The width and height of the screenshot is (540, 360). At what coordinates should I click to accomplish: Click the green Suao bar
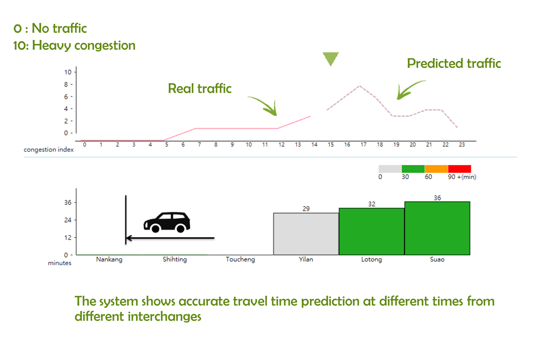pyautogui.click(x=437, y=228)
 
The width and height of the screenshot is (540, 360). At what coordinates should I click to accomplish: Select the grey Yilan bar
pyautogui.click(x=306, y=234)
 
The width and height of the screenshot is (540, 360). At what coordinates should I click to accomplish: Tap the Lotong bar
pyautogui.click(x=372, y=232)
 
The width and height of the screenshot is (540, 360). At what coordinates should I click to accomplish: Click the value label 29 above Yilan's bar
pyautogui.click(x=306, y=209)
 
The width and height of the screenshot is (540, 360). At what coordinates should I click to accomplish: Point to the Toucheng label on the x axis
pyautogui.click(x=240, y=259)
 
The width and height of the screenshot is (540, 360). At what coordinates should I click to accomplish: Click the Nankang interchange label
pyautogui.click(x=109, y=259)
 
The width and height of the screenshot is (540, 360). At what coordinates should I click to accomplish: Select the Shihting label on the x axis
pyautogui.click(x=175, y=259)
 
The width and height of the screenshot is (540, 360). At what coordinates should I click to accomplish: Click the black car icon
pyautogui.click(x=167, y=222)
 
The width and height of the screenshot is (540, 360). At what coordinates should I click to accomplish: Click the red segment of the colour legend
pyautogui.click(x=459, y=169)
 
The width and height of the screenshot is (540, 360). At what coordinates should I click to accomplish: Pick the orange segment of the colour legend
pyautogui.click(x=436, y=169)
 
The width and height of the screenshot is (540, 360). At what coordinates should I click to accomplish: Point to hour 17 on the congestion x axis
pyautogui.click(x=364, y=145)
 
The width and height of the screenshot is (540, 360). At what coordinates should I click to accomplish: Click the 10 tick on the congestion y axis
pyautogui.click(x=68, y=72)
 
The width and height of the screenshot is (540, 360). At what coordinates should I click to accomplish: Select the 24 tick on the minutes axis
pyautogui.click(x=68, y=220)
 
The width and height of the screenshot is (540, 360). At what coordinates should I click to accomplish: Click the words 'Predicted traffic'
pyautogui.click(x=454, y=63)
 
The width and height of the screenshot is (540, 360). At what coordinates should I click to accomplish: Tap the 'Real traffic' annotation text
pyautogui.click(x=200, y=88)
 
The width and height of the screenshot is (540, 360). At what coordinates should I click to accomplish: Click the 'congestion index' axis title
pyautogui.click(x=49, y=150)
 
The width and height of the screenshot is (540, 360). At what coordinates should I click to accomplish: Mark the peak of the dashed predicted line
pyautogui.click(x=360, y=86)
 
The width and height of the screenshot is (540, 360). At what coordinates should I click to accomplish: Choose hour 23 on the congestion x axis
pyautogui.click(x=462, y=145)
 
